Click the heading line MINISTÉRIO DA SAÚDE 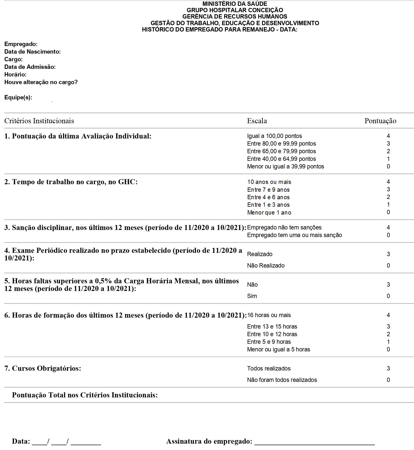235,4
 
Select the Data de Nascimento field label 33,52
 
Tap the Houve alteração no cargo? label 41,82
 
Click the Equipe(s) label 18,98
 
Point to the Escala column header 257,121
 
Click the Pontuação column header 380,121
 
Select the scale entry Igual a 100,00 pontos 274,136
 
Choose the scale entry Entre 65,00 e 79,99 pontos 281,151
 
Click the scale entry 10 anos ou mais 269,182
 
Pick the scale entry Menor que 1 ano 269,212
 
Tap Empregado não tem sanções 284,227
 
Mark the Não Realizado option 266,266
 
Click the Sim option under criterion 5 252,296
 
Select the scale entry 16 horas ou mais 269,315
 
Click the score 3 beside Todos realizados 388,368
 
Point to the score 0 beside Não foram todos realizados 388,380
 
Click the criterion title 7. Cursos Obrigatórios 43,368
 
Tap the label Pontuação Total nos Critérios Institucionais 85,395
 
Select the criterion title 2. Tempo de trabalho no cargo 71,182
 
